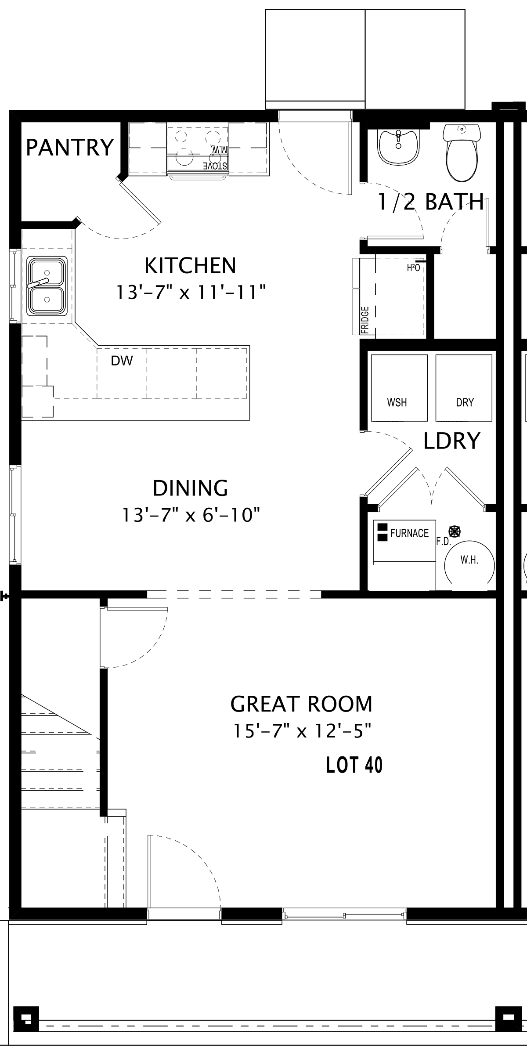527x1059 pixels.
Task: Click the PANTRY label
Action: tap(70, 148)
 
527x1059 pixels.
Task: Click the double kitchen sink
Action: tap(47, 286)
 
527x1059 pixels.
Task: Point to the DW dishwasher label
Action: tap(122, 361)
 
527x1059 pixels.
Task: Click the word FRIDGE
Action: tap(365, 320)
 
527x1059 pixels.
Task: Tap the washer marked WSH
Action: tap(399, 388)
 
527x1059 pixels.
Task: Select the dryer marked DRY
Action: tap(464, 388)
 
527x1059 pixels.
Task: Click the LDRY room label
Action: tap(451, 441)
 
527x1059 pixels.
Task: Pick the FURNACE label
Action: tap(409, 533)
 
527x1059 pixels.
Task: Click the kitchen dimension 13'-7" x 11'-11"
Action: tap(191, 292)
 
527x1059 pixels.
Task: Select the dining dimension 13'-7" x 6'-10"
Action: tap(191, 515)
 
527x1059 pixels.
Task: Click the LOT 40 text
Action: tap(354, 765)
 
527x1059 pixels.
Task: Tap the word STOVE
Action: tap(216, 166)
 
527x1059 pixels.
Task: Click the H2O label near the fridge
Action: tap(414, 267)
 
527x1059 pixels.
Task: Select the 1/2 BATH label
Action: tap(431, 202)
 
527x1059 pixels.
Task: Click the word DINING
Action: tap(191, 488)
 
